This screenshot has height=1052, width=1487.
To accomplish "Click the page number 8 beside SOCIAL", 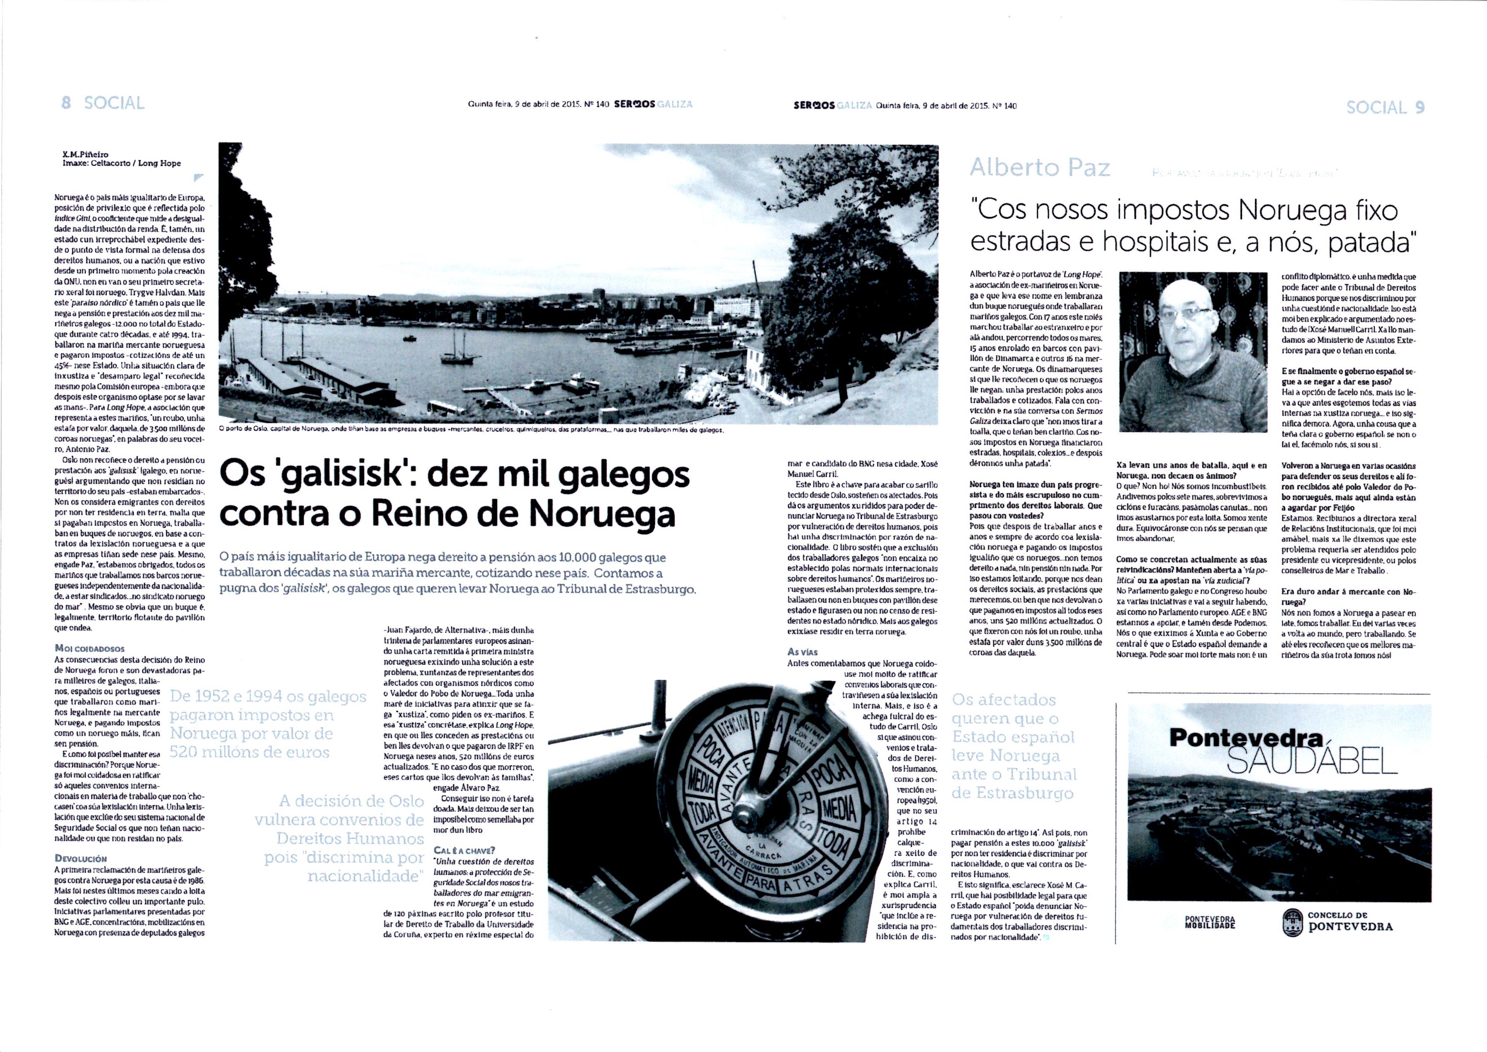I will [x=65, y=103].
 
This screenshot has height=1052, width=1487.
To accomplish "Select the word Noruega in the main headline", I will [x=601, y=515].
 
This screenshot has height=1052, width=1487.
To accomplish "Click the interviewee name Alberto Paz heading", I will [x=1040, y=168].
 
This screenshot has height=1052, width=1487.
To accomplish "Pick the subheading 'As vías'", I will [x=803, y=652].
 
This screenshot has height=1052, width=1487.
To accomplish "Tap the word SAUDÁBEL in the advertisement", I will [x=1312, y=762].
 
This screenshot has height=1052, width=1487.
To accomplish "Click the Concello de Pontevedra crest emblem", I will [x=1291, y=922].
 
